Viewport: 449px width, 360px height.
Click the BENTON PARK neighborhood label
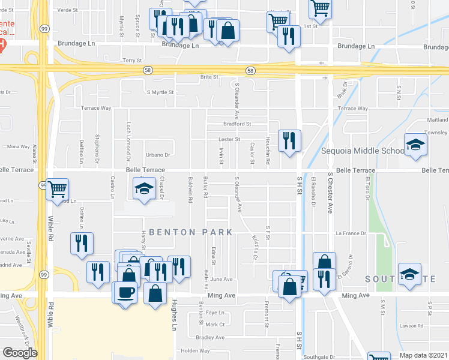[181, 232]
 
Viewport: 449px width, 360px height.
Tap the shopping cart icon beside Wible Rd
[58, 190]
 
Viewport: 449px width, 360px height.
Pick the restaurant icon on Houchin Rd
[289, 141]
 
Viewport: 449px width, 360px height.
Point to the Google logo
[20, 353]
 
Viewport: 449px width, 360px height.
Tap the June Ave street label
[221, 280]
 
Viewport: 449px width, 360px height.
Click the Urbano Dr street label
[159, 154]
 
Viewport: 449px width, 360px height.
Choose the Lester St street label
[229, 139]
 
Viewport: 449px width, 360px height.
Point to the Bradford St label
[237, 124]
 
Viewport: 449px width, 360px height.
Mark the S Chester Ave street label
[330, 191]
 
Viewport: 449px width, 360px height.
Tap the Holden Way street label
[194, 350]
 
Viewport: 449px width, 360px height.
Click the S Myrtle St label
[160, 92]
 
